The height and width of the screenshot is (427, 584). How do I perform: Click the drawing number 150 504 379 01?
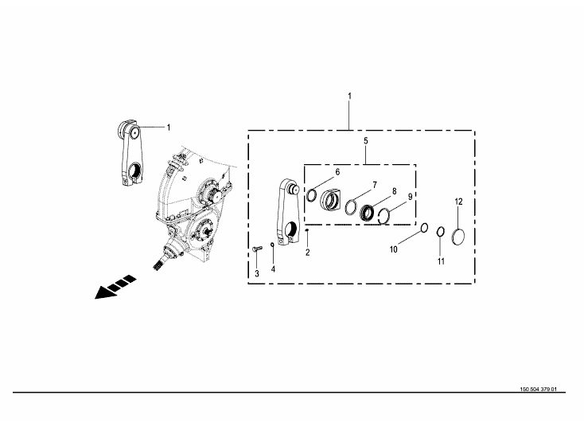538,390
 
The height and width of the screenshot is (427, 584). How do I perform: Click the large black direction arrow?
115,287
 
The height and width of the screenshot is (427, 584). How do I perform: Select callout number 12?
458,202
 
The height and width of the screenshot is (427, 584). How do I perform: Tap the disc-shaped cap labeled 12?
458,237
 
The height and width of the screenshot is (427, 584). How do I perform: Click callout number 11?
441,261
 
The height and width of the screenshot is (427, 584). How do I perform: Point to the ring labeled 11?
440,232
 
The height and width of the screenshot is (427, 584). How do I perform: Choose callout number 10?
394,249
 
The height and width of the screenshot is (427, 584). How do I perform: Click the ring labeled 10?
424,228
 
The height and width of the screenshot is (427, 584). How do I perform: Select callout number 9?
410,197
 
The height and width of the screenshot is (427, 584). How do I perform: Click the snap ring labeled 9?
384,217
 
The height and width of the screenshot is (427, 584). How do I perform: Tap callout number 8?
395,191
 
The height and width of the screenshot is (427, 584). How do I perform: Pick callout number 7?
375,185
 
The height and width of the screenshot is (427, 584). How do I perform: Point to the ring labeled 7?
351,207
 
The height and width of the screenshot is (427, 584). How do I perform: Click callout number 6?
337,172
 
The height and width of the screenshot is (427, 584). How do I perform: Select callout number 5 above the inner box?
366,141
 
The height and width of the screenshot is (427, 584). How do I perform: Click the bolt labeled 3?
257,249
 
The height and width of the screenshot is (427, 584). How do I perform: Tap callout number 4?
273,269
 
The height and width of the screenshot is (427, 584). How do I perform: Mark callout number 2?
308,253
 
